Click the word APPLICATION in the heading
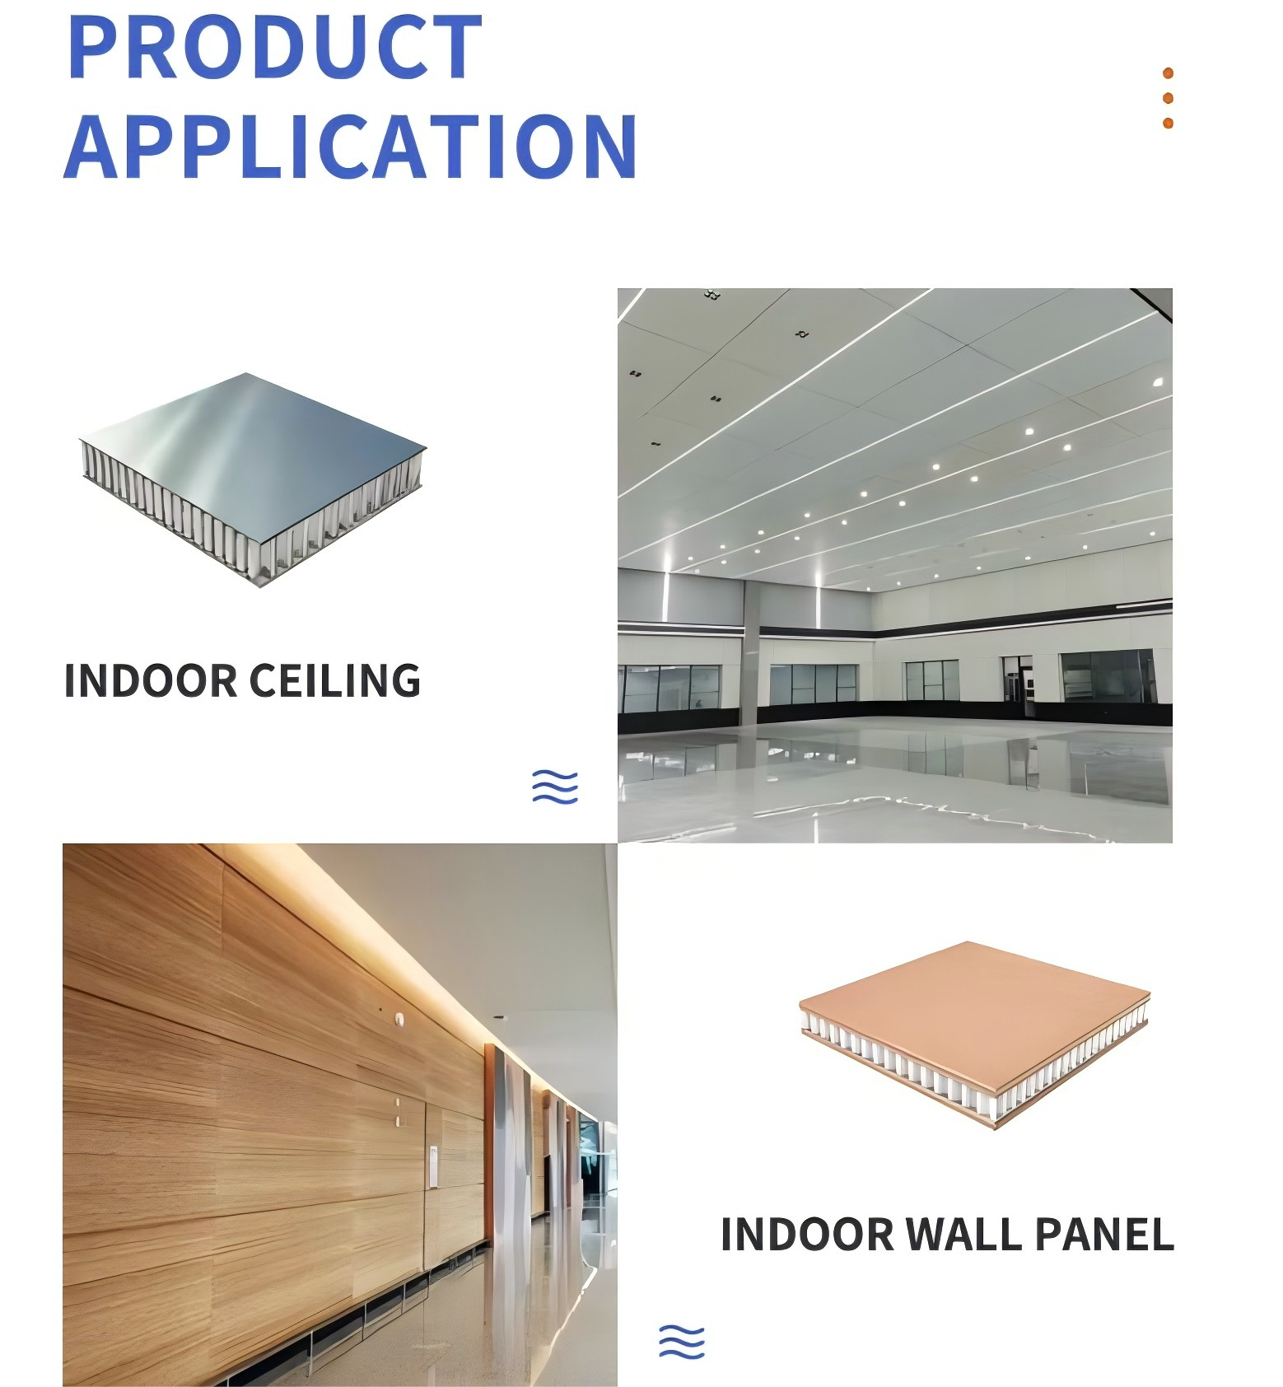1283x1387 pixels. (x=351, y=147)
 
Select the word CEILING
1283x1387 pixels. (x=334, y=681)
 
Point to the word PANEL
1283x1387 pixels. (x=1104, y=1235)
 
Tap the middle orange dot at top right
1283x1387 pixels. (x=1168, y=99)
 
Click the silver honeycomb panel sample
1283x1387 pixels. (x=253, y=479)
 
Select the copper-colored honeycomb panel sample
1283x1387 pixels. (x=975, y=1034)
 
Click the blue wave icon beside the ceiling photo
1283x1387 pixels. (x=555, y=787)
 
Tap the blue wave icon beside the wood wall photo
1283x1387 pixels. (x=682, y=1342)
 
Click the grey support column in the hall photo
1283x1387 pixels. (x=750, y=641)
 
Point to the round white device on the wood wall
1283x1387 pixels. (x=401, y=1020)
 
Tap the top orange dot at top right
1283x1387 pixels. (x=1168, y=73)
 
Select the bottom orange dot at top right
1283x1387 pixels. (x=1168, y=124)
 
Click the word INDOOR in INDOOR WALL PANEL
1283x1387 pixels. (x=807, y=1235)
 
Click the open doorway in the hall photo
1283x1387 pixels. (x=1018, y=679)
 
